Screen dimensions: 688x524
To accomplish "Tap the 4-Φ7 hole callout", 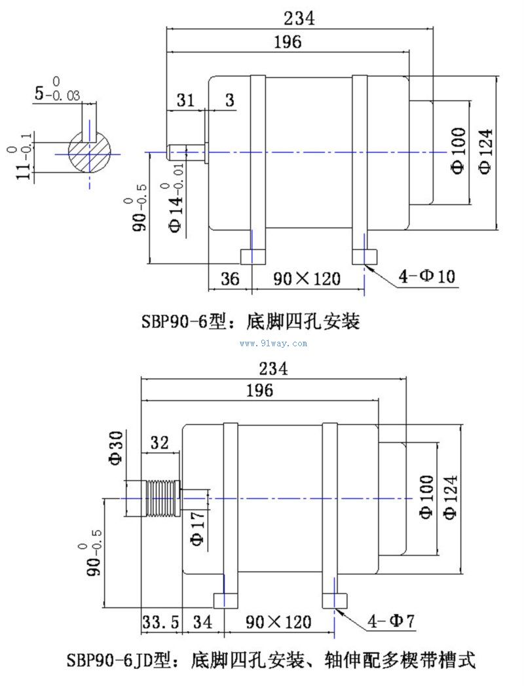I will (x=391, y=620).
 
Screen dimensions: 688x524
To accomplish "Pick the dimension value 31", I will (x=186, y=100).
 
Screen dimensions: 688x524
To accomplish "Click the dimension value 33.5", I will (x=160, y=621).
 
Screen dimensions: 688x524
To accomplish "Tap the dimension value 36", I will (x=229, y=278).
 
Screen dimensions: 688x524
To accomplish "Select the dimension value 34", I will (x=202, y=621).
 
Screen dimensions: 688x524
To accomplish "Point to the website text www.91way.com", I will (x=274, y=343).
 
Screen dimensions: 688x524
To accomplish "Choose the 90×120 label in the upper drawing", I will (x=307, y=278).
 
